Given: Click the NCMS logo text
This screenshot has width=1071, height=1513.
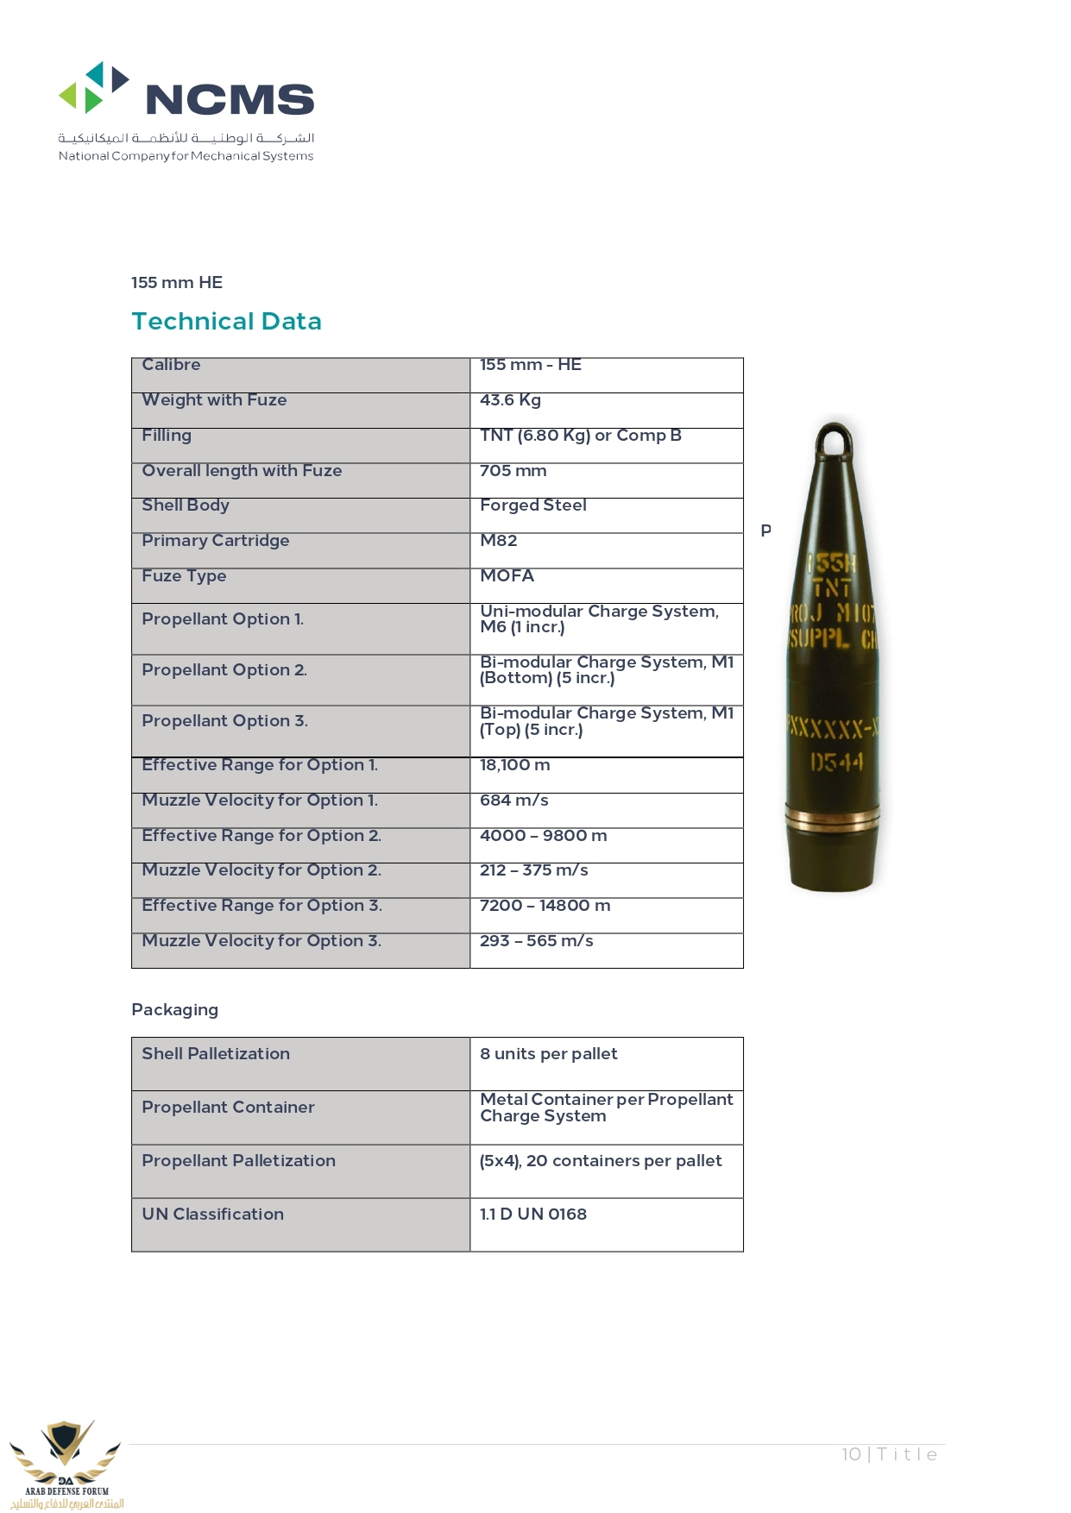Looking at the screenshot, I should [x=230, y=100].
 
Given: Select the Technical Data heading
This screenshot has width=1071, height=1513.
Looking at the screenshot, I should [x=226, y=321].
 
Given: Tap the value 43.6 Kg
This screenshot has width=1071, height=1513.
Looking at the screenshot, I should [x=510, y=400].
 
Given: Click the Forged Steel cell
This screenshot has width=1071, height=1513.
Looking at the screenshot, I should [x=532, y=505].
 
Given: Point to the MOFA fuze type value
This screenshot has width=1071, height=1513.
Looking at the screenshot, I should [x=507, y=575].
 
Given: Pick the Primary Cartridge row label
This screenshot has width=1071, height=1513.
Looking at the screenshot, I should [x=215, y=541].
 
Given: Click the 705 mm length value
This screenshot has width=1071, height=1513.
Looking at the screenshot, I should [x=513, y=471].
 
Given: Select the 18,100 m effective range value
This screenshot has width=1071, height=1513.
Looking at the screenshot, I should [x=514, y=765].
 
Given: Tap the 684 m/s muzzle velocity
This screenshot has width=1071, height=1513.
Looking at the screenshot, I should [x=513, y=800].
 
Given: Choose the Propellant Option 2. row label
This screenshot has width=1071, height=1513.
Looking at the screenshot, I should [x=224, y=670].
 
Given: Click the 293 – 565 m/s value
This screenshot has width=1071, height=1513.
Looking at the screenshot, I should [x=536, y=941].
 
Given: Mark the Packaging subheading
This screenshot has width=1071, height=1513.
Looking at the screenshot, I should [x=174, y=1010].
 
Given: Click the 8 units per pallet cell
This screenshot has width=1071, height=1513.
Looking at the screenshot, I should [x=548, y=1054].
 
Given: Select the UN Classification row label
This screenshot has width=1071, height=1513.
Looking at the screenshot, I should [x=212, y=1215].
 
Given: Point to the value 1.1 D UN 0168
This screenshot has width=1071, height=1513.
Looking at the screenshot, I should [x=532, y=1215].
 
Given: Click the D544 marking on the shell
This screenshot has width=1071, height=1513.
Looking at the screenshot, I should [x=835, y=763].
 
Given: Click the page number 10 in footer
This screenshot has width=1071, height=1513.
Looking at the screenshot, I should [x=851, y=1454].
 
